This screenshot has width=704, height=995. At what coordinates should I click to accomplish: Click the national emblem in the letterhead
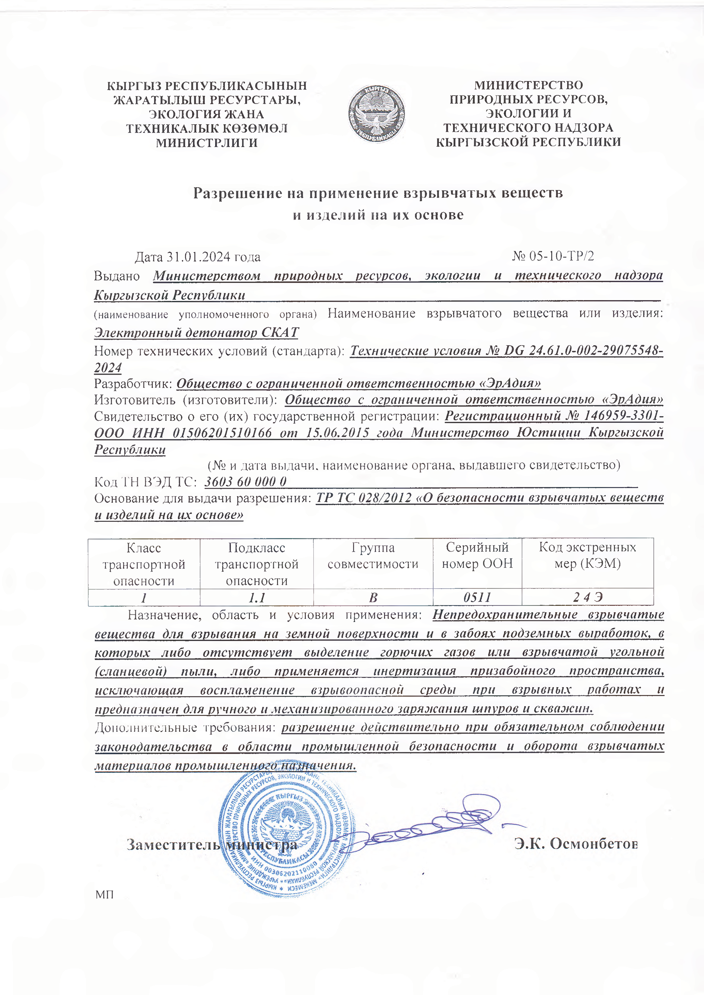(376, 114)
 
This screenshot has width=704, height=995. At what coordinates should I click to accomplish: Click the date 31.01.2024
(198, 257)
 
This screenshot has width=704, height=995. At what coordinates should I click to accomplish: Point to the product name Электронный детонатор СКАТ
(196, 332)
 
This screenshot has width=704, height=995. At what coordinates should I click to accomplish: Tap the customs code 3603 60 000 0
(245, 481)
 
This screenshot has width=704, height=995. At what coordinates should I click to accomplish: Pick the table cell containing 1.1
(257, 598)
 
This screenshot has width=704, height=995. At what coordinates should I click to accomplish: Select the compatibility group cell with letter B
(373, 598)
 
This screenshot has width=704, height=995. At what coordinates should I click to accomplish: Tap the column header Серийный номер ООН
(477, 556)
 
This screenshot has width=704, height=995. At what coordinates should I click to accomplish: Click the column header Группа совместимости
(373, 556)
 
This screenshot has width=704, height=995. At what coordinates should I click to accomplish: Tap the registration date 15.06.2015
(337, 432)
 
